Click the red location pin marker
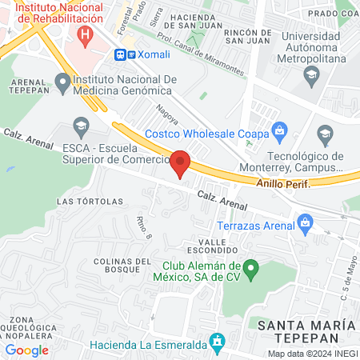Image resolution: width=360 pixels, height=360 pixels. pos(181,163)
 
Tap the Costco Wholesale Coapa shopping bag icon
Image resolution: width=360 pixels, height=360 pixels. pos(279,130)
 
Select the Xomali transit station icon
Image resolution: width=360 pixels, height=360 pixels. pos(121,54)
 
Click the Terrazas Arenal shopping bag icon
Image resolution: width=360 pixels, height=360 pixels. pos(304,221)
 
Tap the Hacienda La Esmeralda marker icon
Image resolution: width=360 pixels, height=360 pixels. pos(215,342)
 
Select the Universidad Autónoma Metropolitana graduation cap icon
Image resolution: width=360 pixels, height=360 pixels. pos(311,74)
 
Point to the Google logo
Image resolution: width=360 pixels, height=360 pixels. pos(26,350)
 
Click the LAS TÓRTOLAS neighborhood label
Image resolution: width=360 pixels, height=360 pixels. pos(90,201)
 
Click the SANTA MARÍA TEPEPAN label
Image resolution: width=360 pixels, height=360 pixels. pos(306,331)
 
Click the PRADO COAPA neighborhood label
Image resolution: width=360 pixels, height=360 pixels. pos(333,14)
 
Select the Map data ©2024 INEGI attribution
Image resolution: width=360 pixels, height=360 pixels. pos(313,354)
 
